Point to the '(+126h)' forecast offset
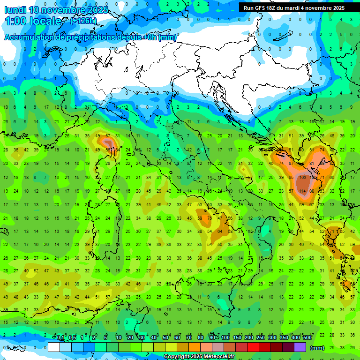pyautogui.click(x=83, y=21)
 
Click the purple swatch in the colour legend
pyautogui.click(x=300, y=347)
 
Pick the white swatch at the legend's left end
pyautogui.click(x=54, y=347)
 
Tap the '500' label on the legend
pyautogui.click(x=307, y=338)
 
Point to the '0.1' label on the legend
pyautogui.click(x=60, y=338)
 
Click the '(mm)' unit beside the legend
pyautogui.click(x=317, y=348)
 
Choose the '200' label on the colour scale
pyautogui.click(x=248, y=338)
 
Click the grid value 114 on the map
pyautogui.click(x=302, y=191)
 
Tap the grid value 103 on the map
pyautogui.click(x=302, y=178)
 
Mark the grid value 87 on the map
pyautogui.click(x=292, y=164)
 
